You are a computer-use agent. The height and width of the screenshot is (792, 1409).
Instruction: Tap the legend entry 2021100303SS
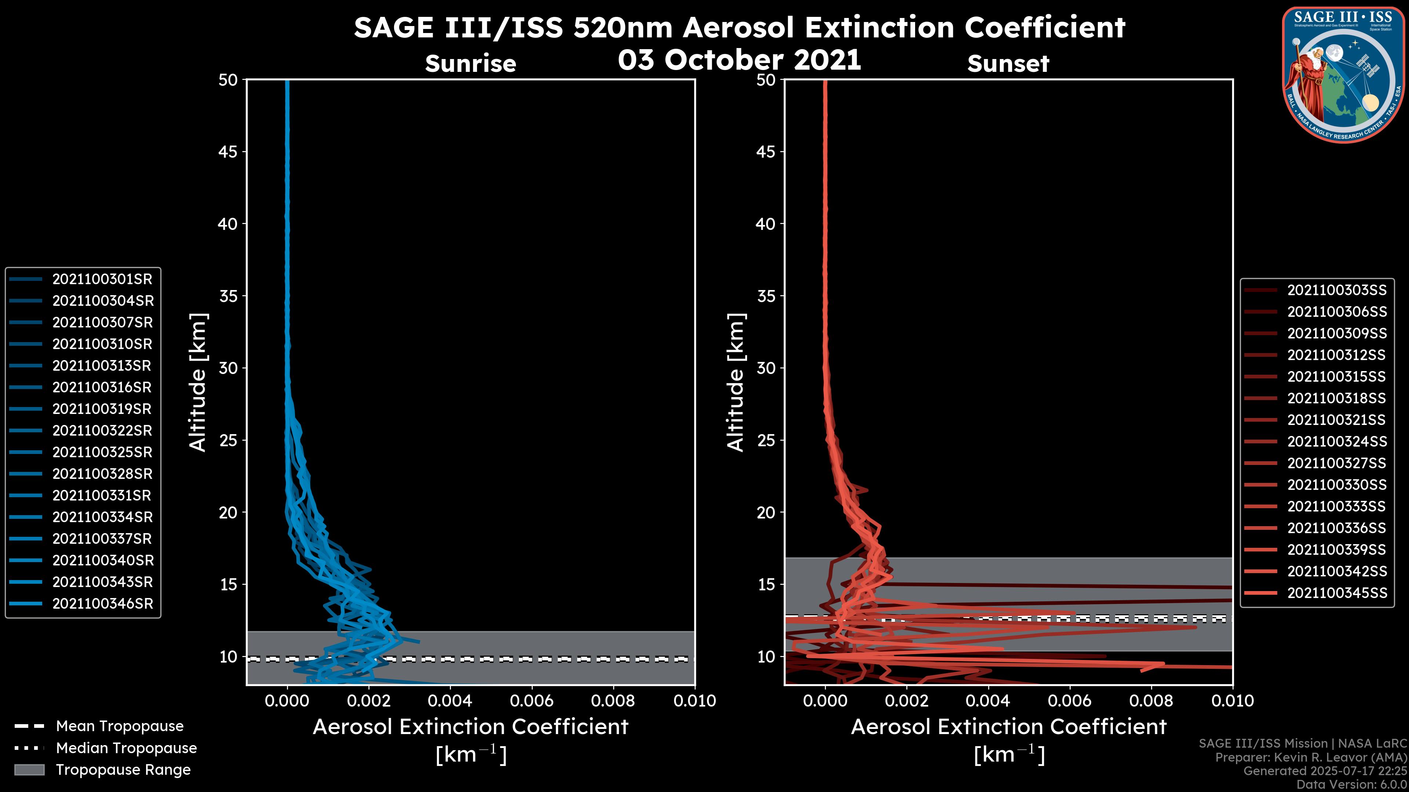(x=1337, y=290)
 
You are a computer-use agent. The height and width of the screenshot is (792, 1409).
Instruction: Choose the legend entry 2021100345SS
(x=1337, y=593)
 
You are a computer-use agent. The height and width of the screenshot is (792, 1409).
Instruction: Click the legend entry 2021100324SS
(x=1337, y=441)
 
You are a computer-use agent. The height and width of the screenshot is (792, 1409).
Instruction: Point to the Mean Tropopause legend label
(x=120, y=726)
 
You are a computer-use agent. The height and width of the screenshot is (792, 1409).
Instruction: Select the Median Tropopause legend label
(x=126, y=748)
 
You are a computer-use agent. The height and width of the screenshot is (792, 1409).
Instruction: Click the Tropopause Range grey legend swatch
(x=29, y=770)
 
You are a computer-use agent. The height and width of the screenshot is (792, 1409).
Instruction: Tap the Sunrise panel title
(x=470, y=64)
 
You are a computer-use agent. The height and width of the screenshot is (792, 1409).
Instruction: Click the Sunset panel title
(x=1008, y=64)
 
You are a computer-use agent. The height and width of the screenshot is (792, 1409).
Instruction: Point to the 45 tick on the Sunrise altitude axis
(x=228, y=152)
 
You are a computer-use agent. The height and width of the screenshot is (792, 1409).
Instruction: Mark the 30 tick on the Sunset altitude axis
(x=766, y=368)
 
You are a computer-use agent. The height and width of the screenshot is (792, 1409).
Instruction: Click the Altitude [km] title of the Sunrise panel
(x=198, y=382)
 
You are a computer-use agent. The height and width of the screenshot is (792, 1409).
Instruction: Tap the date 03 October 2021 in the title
(x=739, y=59)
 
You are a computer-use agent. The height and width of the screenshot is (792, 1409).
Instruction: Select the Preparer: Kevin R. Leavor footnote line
(x=1311, y=758)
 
